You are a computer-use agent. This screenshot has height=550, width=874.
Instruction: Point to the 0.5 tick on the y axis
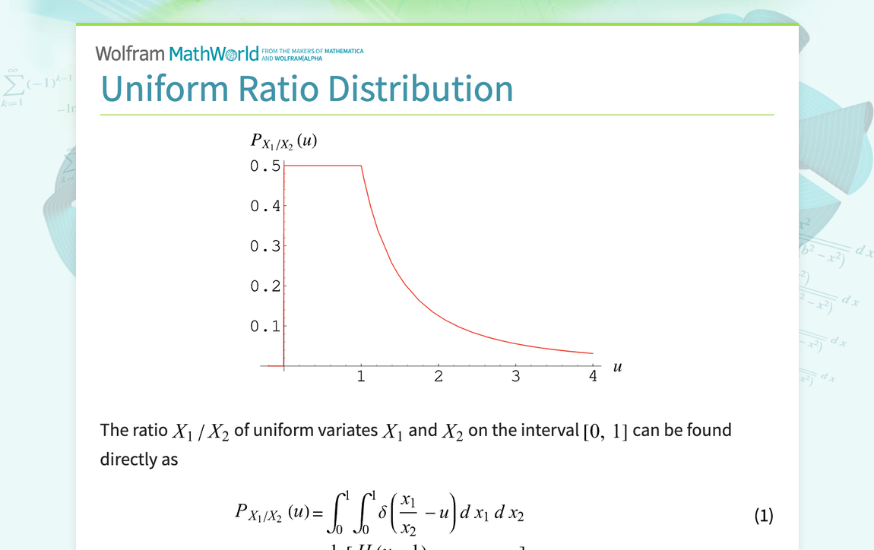(x=265, y=166)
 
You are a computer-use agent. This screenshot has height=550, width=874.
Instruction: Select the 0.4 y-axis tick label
(x=265, y=206)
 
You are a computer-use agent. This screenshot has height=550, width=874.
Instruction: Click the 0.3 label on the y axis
(x=265, y=246)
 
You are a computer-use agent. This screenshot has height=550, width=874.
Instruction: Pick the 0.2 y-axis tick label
(x=265, y=286)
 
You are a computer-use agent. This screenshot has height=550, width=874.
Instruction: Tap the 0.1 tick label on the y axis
(x=265, y=327)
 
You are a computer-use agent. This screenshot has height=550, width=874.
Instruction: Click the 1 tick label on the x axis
(x=361, y=377)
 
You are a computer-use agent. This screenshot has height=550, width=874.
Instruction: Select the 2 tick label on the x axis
(x=439, y=377)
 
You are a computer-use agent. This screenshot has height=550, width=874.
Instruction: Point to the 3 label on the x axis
(x=515, y=377)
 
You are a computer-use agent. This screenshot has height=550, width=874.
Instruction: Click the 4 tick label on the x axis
(x=593, y=377)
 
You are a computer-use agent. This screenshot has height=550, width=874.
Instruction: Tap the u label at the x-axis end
(x=617, y=367)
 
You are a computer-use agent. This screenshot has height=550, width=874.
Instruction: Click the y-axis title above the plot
(x=283, y=141)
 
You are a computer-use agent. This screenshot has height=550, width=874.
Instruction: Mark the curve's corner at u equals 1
(x=361, y=166)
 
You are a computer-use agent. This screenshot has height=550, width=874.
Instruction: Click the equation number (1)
(x=764, y=517)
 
